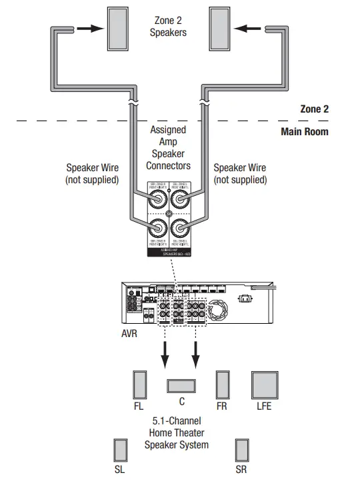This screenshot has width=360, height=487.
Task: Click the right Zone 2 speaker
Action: point(221,29)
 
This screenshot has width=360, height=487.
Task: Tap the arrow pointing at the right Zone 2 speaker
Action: point(250,29)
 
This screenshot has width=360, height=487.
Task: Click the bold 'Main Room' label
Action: point(305,131)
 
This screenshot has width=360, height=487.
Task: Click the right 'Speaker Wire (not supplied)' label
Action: point(239,174)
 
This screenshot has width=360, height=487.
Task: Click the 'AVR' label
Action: point(129,332)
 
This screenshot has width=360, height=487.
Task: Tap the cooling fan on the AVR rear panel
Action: point(218,310)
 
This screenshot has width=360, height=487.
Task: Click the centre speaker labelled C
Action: point(181,385)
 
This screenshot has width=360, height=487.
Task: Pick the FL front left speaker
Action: point(139,385)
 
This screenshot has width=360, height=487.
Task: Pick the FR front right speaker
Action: point(223,385)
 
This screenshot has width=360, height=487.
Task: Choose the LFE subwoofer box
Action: point(264,385)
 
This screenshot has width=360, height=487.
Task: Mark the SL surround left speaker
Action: point(120,450)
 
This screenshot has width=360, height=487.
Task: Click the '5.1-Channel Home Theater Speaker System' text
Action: point(177,432)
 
